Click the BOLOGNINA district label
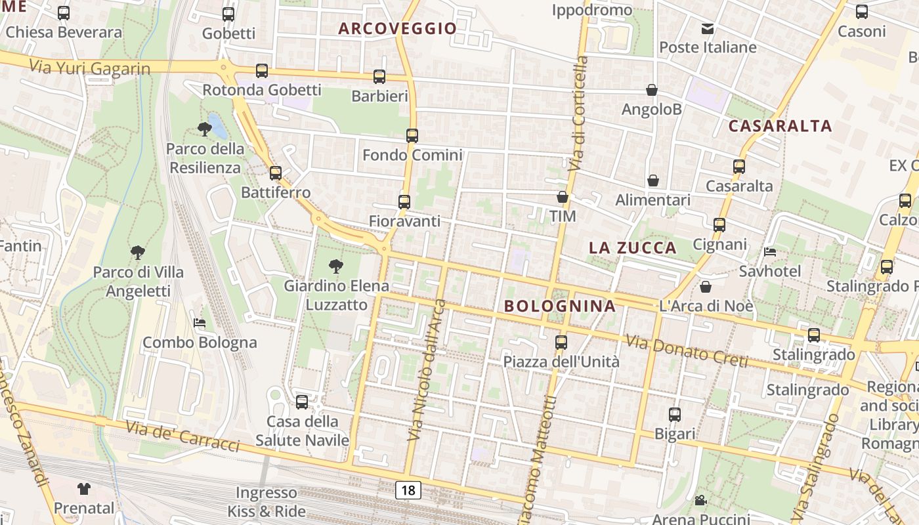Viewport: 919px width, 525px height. click(560, 306)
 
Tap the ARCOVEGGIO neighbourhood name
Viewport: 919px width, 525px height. click(398, 28)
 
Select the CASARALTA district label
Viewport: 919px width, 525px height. click(780, 126)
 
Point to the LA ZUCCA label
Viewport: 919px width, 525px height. click(633, 247)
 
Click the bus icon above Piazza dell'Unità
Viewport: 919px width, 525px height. click(561, 342)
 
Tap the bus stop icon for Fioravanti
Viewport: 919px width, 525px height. click(404, 202)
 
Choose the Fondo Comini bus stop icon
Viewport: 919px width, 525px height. click(412, 136)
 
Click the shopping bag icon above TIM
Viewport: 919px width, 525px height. click(563, 197)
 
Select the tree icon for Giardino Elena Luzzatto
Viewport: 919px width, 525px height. click(336, 266)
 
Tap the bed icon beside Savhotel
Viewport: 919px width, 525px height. click(770, 252)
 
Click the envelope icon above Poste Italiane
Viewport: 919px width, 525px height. click(708, 28)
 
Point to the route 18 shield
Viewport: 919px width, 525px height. click(408, 490)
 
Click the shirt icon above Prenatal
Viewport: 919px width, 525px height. click(84, 488)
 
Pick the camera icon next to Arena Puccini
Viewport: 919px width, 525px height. click(700, 501)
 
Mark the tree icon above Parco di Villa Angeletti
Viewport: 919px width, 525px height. click(138, 252)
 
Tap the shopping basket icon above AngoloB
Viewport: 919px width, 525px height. click(652, 90)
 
